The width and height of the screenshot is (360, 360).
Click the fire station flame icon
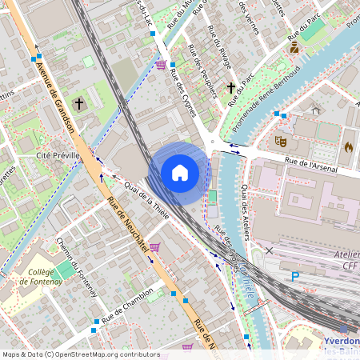point(348,147)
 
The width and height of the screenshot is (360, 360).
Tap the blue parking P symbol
point(295,277)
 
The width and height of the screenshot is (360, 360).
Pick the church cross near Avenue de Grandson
point(79,103)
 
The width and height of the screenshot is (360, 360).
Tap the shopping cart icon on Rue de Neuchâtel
point(154,247)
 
